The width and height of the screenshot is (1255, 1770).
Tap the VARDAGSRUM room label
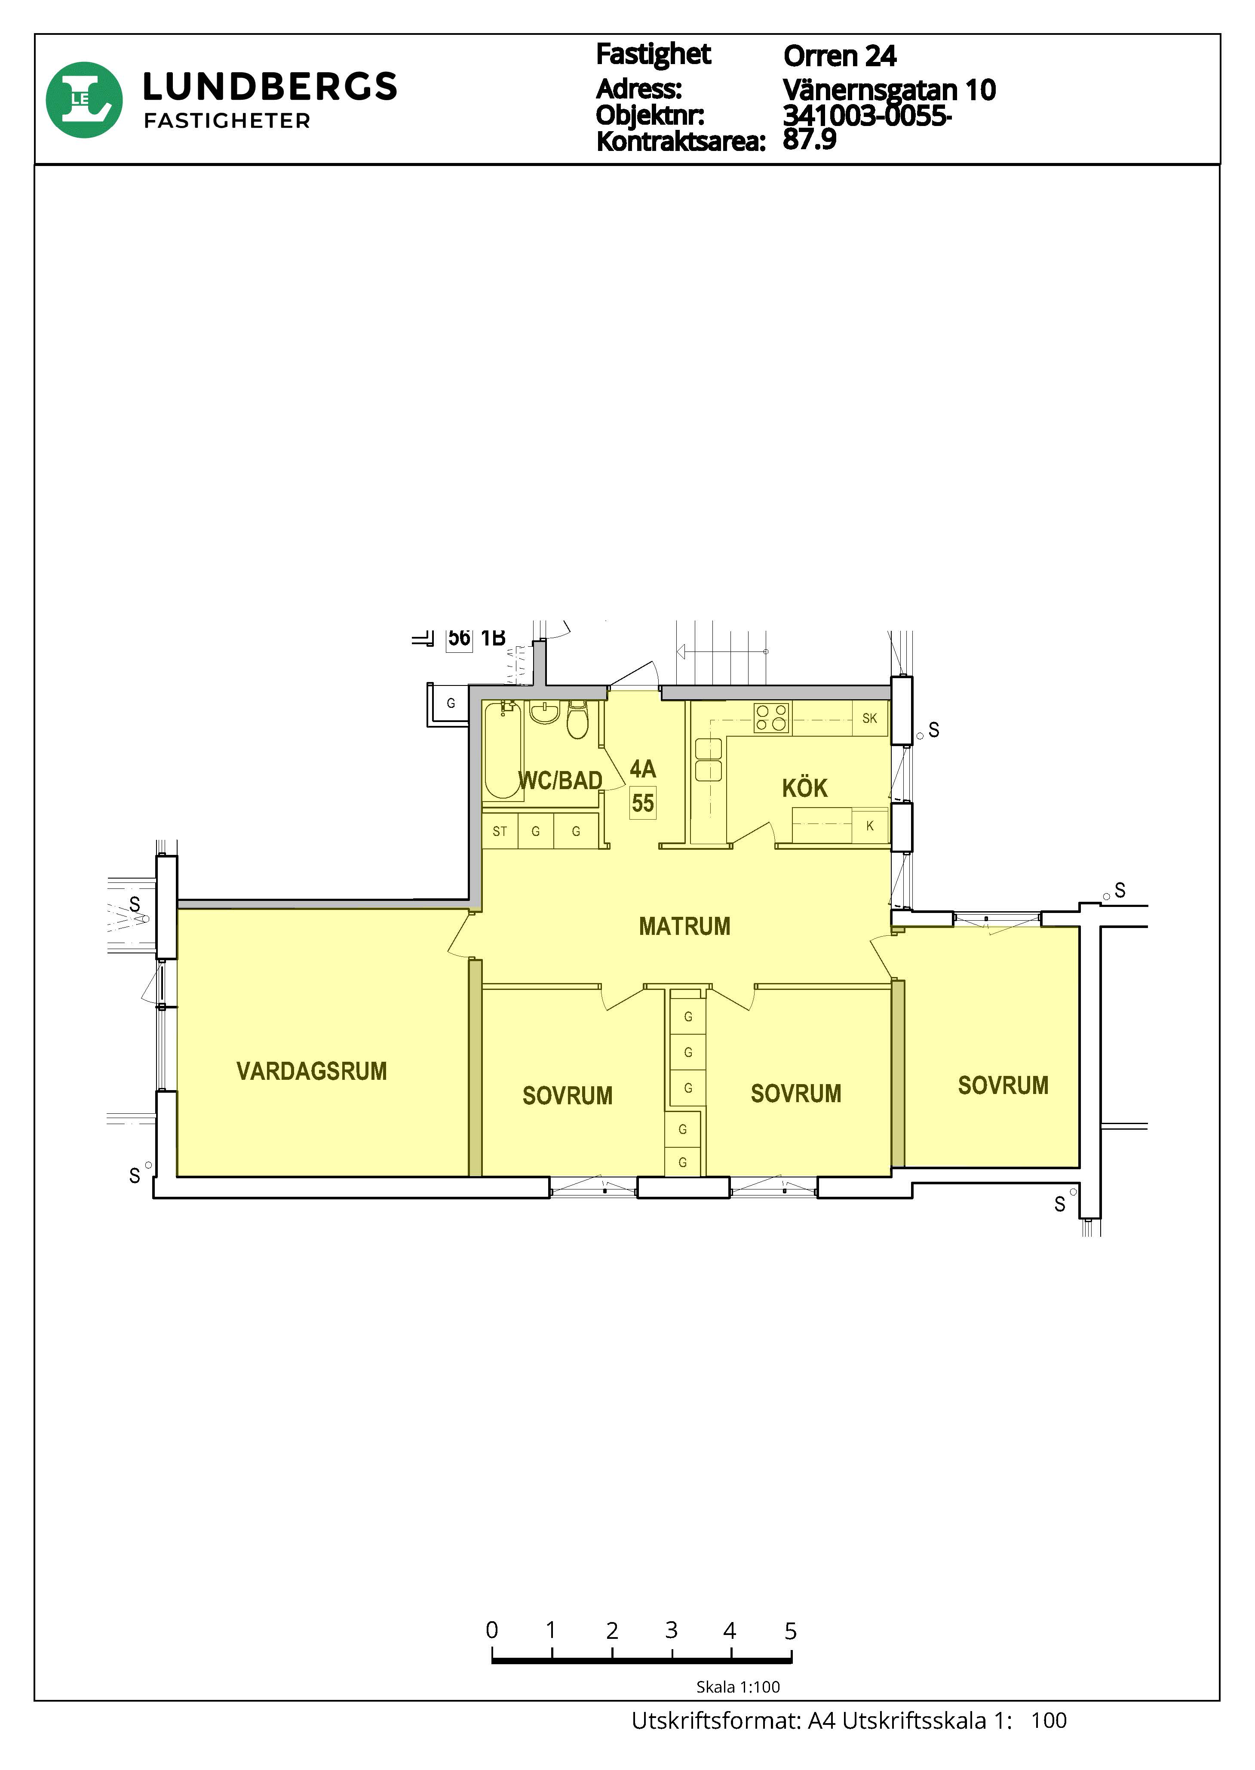[311, 1071]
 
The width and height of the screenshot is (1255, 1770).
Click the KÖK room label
[804, 788]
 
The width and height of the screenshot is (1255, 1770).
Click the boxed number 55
[643, 803]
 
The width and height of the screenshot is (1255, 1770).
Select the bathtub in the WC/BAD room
[503, 749]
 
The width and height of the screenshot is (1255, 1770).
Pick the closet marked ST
[500, 832]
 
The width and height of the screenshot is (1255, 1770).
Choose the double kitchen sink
[709, 760]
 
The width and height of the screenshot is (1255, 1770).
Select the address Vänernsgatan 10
[890, 89]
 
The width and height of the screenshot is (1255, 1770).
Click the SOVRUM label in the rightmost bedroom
[1003, 1085]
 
